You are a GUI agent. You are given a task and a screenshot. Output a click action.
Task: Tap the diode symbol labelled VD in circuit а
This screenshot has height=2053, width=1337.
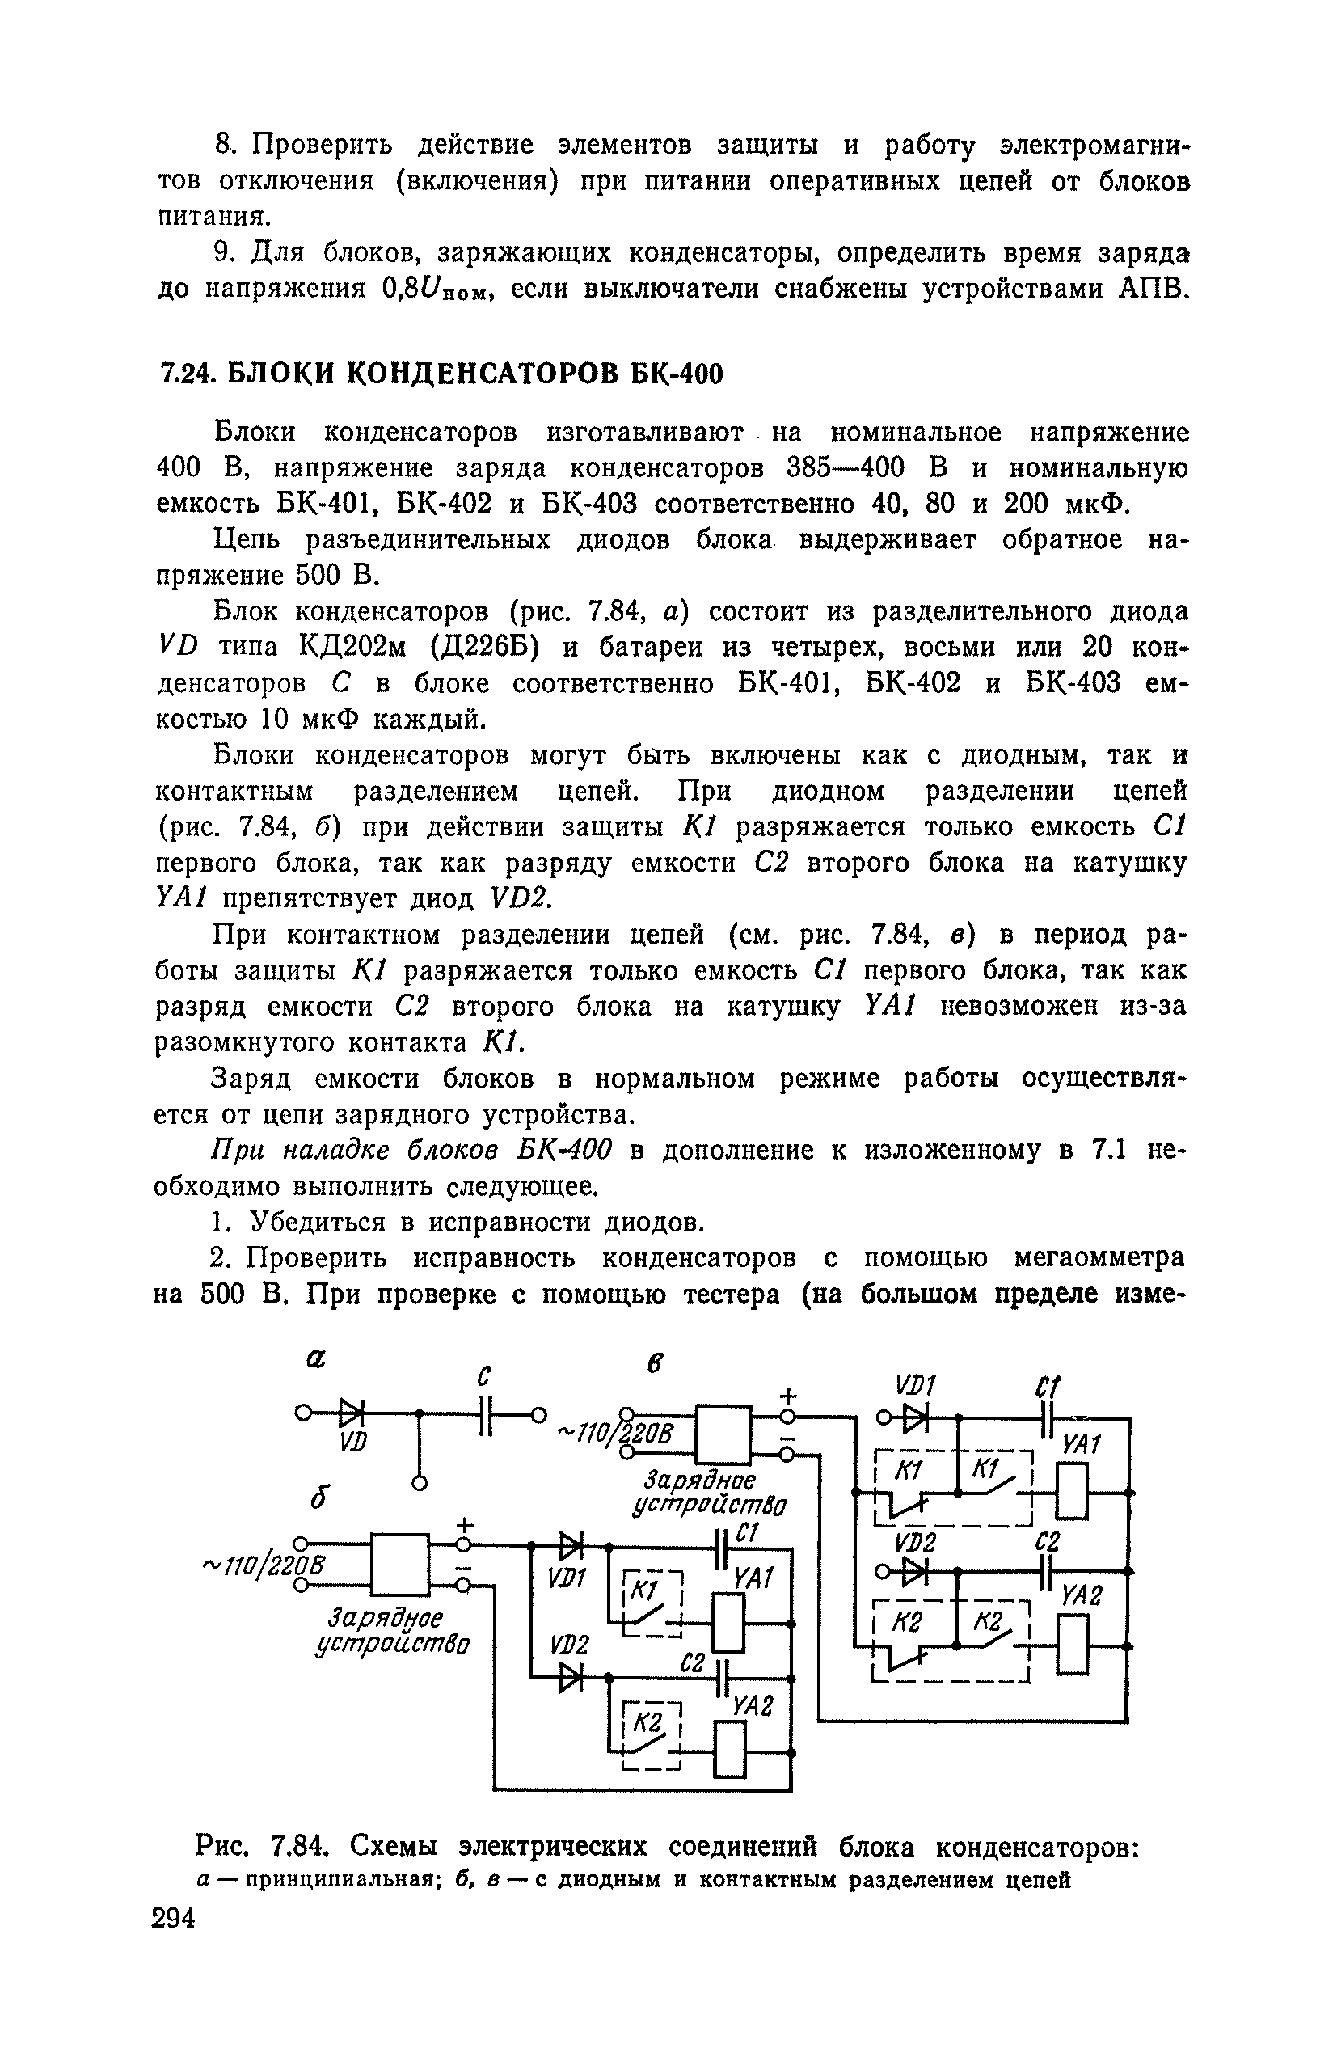pyautogui.click(x=351, y=1413)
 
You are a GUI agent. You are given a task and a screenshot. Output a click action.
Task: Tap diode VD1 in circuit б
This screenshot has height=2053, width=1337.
pyautogui.click(x=570, y=1544)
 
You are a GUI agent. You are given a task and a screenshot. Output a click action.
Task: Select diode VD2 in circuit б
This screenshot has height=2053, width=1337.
pyautogui.click(x=570, y=1677)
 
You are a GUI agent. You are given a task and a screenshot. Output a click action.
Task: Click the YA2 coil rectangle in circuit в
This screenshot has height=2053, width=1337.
pyautogui.click(x=1071, y=1645)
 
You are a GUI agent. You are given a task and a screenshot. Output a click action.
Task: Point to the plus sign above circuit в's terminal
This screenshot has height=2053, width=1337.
pyautogui.click(x=787, y=1394)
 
